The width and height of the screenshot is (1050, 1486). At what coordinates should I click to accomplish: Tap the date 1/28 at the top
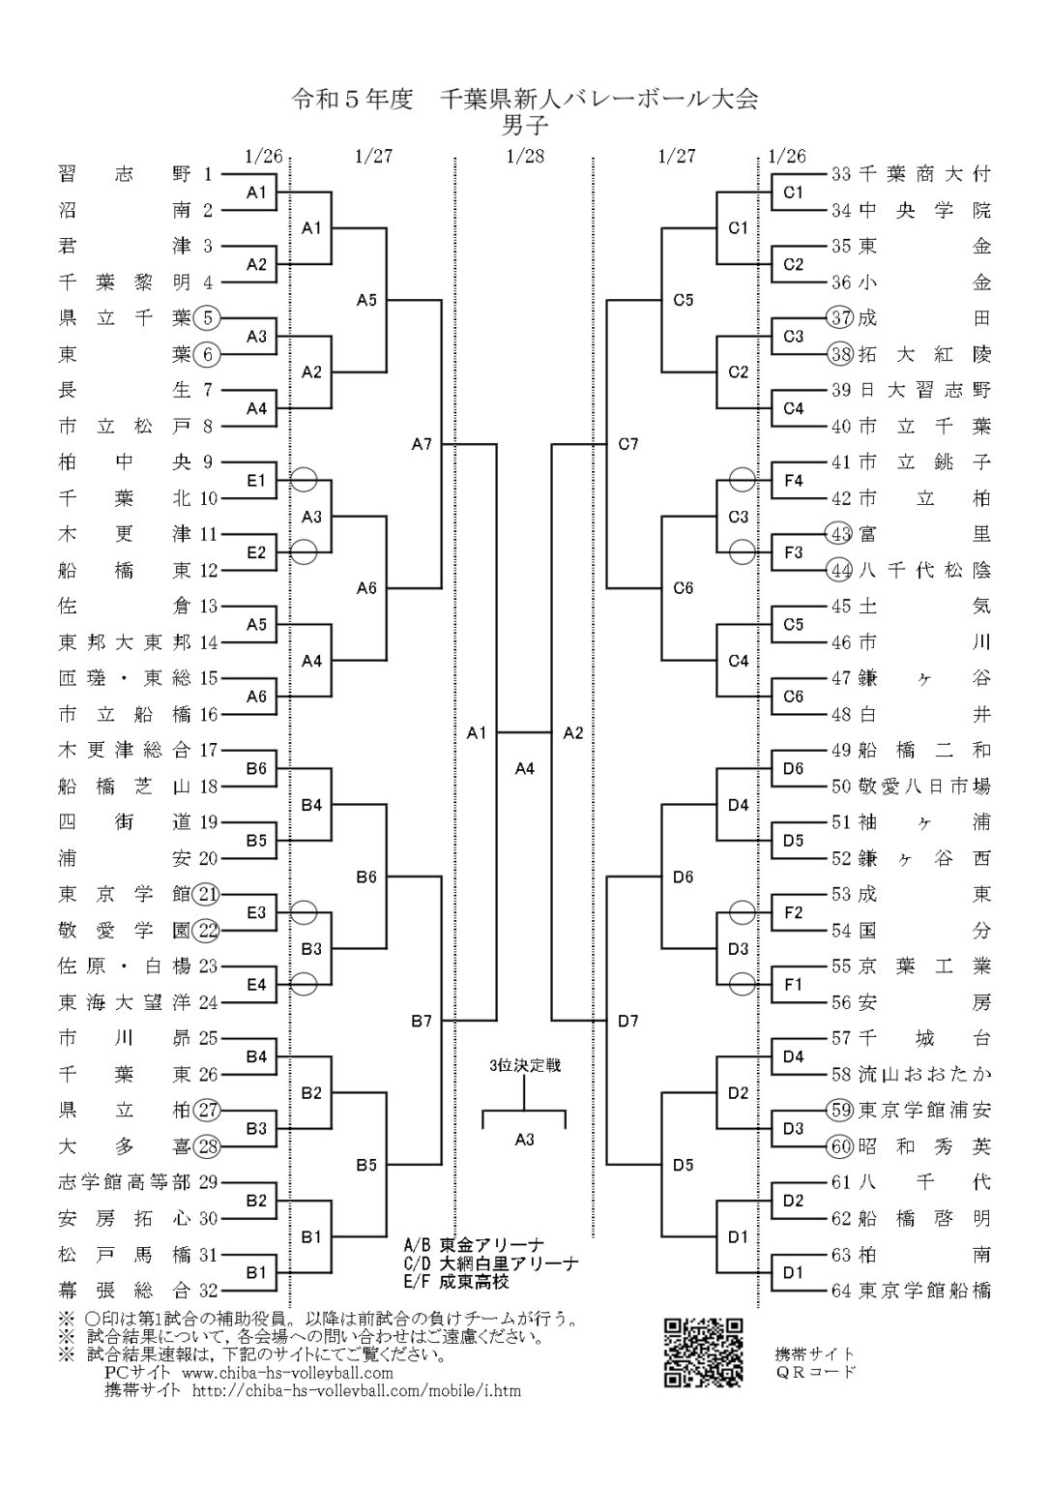point(524,156)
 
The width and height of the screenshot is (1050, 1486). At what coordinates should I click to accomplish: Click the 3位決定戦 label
point(524,1065)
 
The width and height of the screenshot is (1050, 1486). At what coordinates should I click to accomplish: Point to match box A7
point(422,444)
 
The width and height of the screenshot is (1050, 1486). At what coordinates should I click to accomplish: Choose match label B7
point(422,1020)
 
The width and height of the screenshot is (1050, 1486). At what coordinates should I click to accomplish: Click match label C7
point(628,444)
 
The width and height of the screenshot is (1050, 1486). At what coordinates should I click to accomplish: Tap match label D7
point(628,1020)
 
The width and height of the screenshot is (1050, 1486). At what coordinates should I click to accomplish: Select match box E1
point(256,480)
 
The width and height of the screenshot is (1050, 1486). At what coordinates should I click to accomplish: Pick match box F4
point(793,480)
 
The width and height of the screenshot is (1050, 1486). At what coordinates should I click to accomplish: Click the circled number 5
point(208,317)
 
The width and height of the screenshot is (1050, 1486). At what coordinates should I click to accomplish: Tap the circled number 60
point(840,1146)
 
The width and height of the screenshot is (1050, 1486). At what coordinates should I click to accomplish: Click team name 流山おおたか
point(924,1074)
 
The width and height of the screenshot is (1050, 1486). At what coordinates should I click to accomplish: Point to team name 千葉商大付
point(924,174)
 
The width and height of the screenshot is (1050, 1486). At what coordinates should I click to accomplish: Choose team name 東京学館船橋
point(924,1291)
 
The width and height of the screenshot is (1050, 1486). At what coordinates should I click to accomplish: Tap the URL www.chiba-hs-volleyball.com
point(287,1373)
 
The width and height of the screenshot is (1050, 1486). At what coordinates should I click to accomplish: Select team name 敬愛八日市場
point(924,786)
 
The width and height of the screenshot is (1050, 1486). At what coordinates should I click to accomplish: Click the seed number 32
point(208,1290)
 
